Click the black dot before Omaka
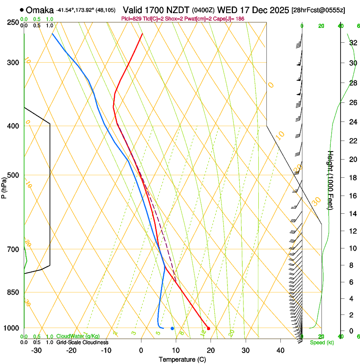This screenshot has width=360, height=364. click(x=22, y=10)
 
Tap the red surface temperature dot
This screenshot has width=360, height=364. click(x=208, y=328)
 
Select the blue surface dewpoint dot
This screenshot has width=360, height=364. click(x=172, y=328)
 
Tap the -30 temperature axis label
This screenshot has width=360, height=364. click(x=36, y=350)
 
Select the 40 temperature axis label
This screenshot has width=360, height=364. click(x=280, y=350)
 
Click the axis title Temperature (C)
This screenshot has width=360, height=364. click(x=182, y=359)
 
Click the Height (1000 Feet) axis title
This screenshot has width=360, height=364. click(x=331, y=180)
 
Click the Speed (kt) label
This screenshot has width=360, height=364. click(x=321, y=342)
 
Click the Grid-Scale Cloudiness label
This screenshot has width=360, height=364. click(x=82, y=342)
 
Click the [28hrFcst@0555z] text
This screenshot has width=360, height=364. click(x=318, y=10)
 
